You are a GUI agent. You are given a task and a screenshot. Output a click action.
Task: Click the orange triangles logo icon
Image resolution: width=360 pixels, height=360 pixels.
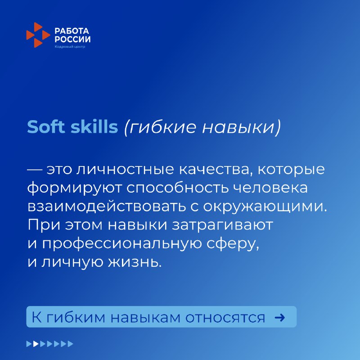(x=38, y=35)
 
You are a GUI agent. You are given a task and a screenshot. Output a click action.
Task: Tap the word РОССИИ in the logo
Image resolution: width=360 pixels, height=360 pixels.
(x=72, y=39)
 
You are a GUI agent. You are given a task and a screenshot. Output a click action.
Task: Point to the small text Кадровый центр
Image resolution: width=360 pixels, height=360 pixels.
(x=70, y=47)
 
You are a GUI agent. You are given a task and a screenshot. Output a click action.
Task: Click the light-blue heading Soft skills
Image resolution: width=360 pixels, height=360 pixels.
(x=72, y=126)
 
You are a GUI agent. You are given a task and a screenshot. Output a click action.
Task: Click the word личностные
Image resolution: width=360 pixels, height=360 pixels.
(x=125, y=170)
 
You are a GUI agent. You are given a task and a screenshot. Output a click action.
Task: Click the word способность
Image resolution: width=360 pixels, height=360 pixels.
(x=177, y=188)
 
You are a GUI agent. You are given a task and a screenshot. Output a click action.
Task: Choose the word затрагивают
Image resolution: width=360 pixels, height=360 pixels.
(x=222, y=225)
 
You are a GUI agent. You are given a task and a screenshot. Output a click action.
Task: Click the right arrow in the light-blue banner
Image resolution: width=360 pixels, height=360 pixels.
(x=279, y=318)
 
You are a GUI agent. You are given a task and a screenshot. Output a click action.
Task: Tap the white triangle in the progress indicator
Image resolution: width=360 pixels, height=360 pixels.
(x=36, y=344)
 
